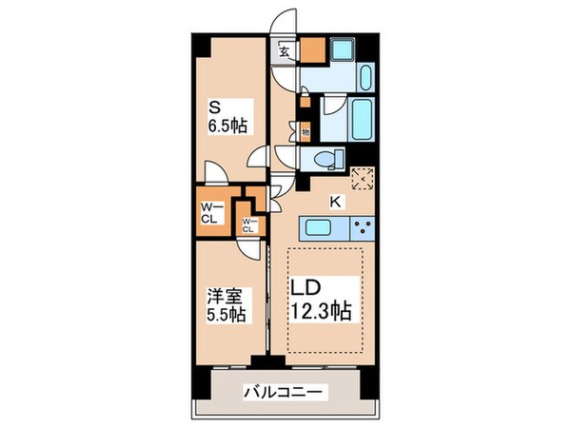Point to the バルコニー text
click(x=285, y=391)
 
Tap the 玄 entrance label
click(x=284, y=52)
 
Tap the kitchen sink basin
click(x=320, y=228)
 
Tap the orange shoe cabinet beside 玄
click(x=313, y=50)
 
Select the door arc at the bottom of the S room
click(x=218, y=171)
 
